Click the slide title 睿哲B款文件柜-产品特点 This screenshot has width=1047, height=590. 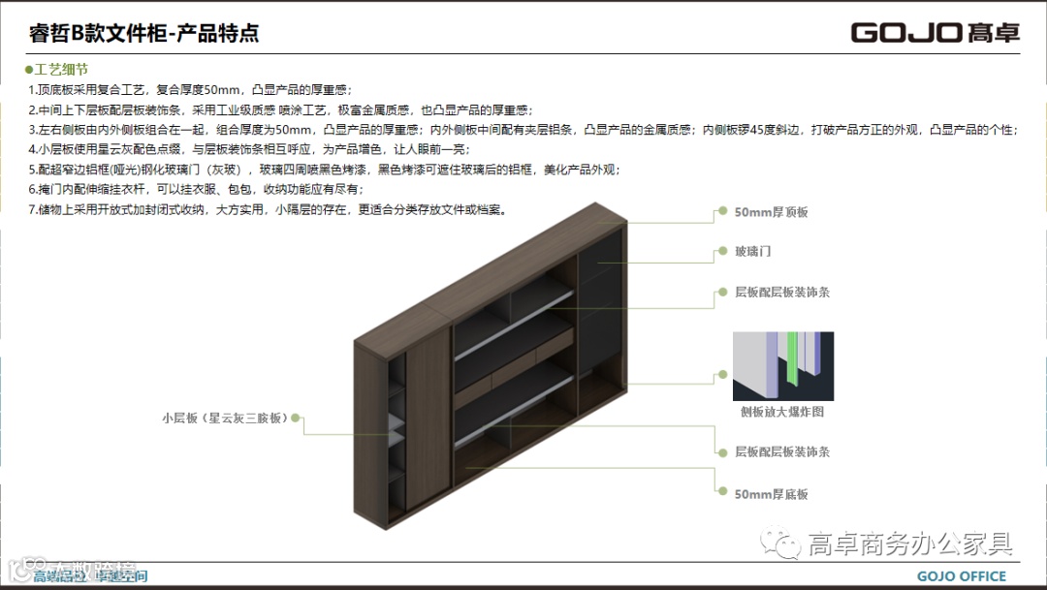point(144,34)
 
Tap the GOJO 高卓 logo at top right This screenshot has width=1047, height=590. point(935,33)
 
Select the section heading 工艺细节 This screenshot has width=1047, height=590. point(62,70)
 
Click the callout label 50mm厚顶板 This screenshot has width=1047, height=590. point(771,211)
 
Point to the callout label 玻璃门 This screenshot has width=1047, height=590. point(752,251)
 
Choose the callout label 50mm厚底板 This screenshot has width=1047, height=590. point(771,494)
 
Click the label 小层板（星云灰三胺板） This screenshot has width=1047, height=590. point(225,419)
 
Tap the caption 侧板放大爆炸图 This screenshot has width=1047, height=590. point(781,412)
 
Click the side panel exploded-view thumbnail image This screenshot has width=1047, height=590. point(782,366)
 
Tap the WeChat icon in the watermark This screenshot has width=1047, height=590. point(782,544)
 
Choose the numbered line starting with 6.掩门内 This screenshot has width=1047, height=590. point(195,189)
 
